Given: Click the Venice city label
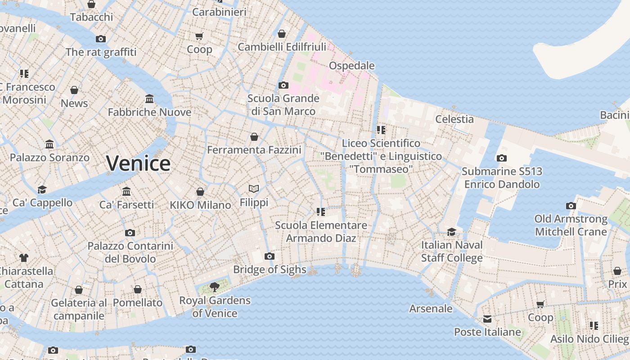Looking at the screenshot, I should [x=138, y=163].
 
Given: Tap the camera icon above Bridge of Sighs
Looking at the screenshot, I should [x=270, y=256].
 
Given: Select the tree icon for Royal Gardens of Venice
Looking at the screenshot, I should [x=215, y=287].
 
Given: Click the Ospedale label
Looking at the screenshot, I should [x=351, y=66].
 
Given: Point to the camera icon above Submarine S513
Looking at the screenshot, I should [x=501, y=158].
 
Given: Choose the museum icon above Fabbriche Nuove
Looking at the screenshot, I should [x=149, y=99].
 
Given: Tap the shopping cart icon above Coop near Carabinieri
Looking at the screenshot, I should [x=199, y=36].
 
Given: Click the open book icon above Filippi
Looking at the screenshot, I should [x=254, y=189].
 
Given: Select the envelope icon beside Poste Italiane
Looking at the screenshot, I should [x=487, y=319].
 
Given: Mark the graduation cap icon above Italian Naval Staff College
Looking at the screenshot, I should [x=451, y=232].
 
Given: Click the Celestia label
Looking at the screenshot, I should [x=454, y=119].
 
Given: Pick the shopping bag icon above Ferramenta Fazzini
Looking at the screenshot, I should [x=254, y=136].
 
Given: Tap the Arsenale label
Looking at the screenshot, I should [x=431, y=309].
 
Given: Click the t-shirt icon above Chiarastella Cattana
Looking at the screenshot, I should [x=24, y=258].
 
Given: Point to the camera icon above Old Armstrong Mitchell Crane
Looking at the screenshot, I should [x=571, y=206].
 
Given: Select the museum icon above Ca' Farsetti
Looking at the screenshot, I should [x=126, y=191].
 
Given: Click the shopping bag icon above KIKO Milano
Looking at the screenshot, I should [x=200, y=192].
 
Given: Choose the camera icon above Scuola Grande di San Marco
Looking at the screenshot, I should [x=283, y=85].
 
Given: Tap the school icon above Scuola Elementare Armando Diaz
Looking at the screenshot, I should [x=320, y=211].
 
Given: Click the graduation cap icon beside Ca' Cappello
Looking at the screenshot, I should [x=42, y=189].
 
